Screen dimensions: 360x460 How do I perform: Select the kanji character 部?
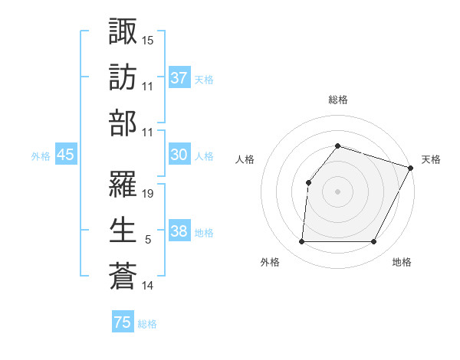tap(123, 123)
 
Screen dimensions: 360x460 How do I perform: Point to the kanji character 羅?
tap(123, 183)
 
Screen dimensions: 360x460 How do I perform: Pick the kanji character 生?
tap(123, 230)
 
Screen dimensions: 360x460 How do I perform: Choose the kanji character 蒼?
tap(123, 277)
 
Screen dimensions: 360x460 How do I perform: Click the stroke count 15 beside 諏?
tap(148, 39)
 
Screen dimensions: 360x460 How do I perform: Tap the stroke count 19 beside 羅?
tap(148, 193)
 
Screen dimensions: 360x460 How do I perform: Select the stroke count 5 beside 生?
tap(148, 240)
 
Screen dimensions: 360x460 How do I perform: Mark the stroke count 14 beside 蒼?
tap(148, 286)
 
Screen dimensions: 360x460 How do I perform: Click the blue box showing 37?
tap(179, 78)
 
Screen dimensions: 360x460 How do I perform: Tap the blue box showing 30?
tap(179, 155)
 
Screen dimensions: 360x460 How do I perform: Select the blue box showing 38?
tap(179, 232)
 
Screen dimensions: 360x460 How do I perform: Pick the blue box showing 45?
tap(65, 155)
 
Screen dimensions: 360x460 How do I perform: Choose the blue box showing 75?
tap(123, 322)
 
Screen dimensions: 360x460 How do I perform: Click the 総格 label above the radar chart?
tap(337, 100)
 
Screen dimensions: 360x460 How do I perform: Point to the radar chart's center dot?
tap(337, 191)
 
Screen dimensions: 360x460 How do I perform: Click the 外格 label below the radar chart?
tap(270, 263)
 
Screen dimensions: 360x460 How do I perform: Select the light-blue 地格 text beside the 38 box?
tap(204, 233)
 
